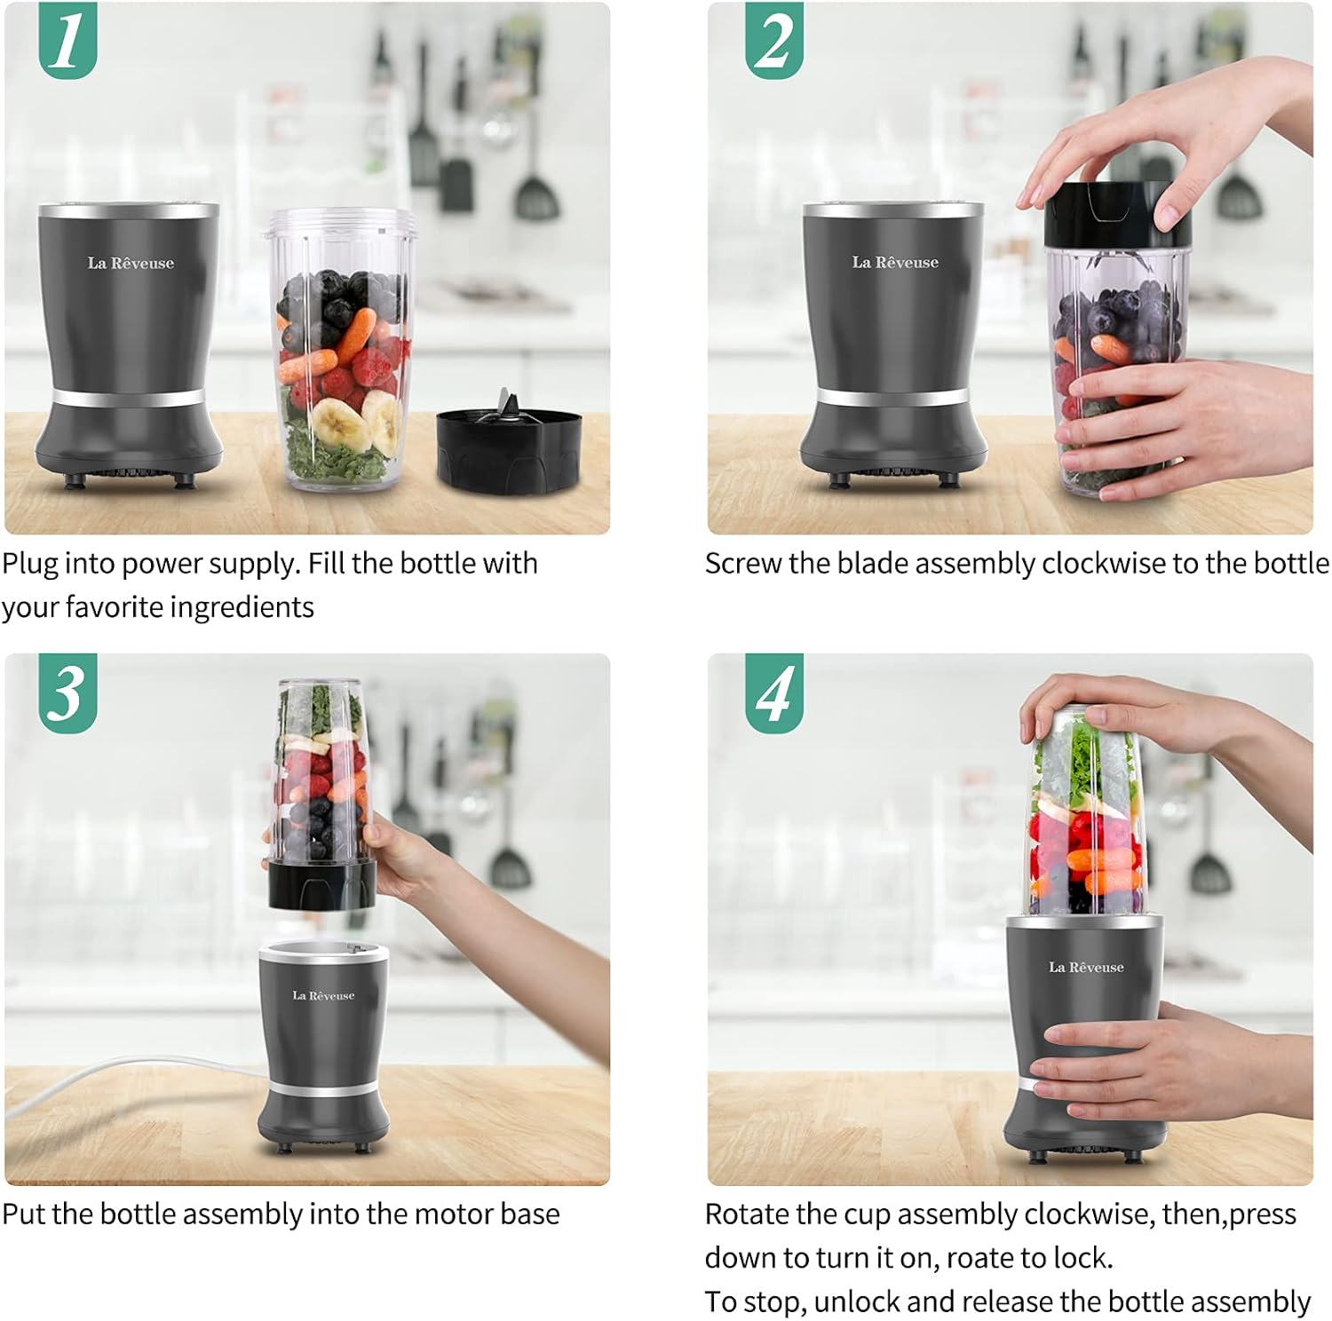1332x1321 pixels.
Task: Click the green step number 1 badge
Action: point(67,41)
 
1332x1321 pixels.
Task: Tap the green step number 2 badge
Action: point(773,41)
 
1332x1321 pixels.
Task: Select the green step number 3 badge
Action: point(67,693)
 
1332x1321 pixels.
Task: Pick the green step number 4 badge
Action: point(773,693)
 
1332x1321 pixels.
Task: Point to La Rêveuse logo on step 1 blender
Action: point(131,263)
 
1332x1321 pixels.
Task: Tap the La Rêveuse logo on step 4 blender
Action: point(1085,967)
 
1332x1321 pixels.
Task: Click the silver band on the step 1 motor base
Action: point(129,396)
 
